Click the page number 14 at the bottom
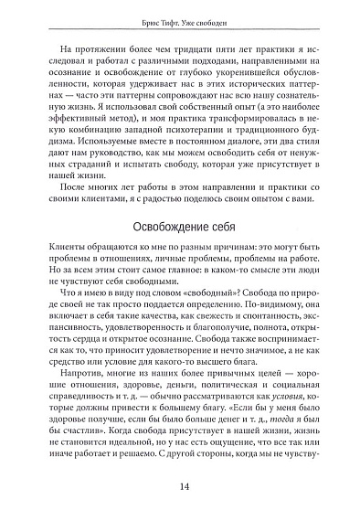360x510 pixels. [x=182, y=487]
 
